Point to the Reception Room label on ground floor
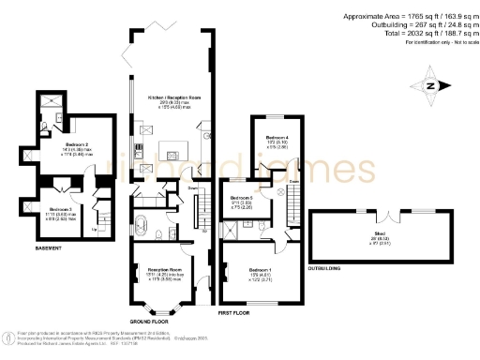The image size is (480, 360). point(163,274)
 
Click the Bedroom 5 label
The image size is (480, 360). point(242,199)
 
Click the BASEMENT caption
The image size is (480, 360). point(50,248)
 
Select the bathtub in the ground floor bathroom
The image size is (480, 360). point(142,226)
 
